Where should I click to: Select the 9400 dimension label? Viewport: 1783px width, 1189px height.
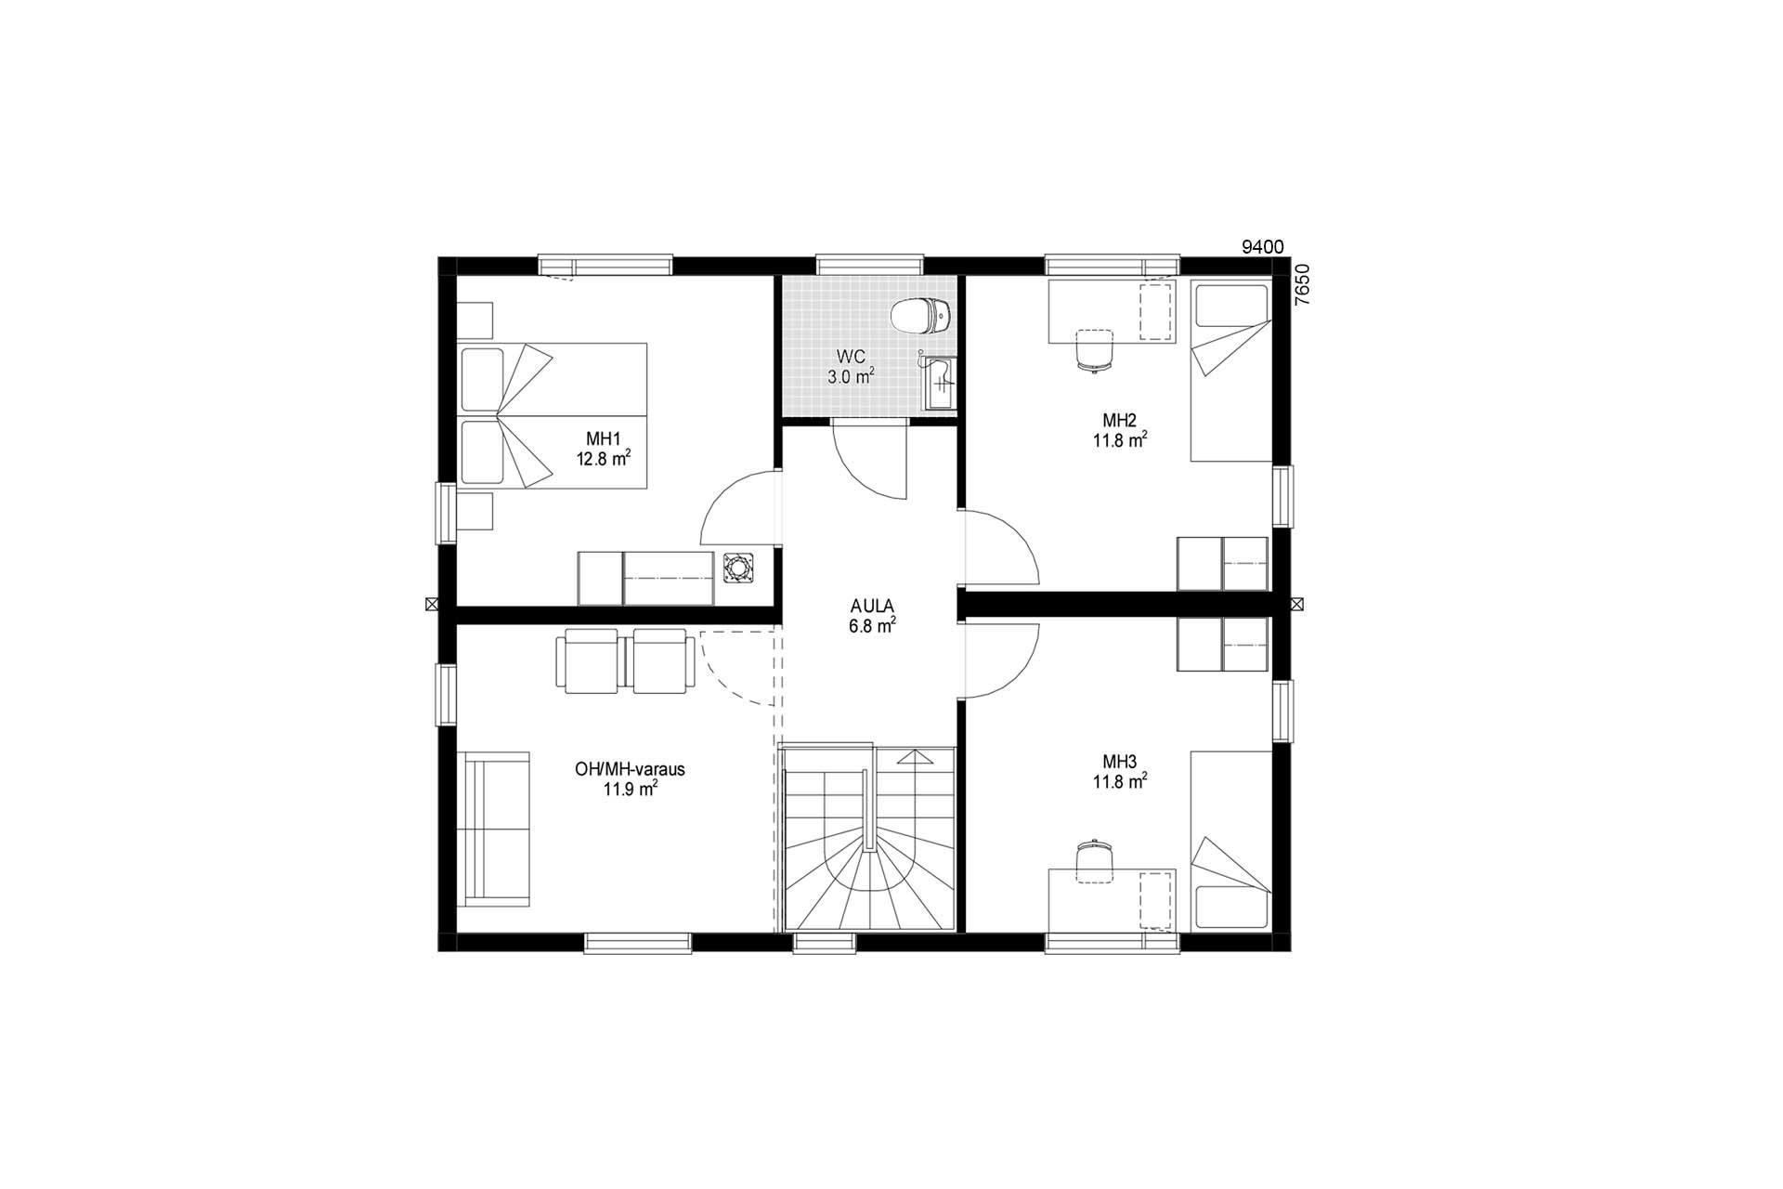pos(1263,246)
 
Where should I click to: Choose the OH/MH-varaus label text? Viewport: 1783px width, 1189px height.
pos(630,770)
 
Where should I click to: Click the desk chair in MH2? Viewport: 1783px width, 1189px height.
pos(1094,351)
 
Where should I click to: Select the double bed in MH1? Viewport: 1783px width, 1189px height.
pos(553,415)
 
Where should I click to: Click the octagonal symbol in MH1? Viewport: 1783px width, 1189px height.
pos(737,568)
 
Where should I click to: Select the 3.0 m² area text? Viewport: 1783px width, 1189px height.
pos(851,376)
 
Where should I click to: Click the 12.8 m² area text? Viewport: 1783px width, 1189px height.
pos(604,458)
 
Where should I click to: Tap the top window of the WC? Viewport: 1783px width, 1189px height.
pos(870,265)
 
